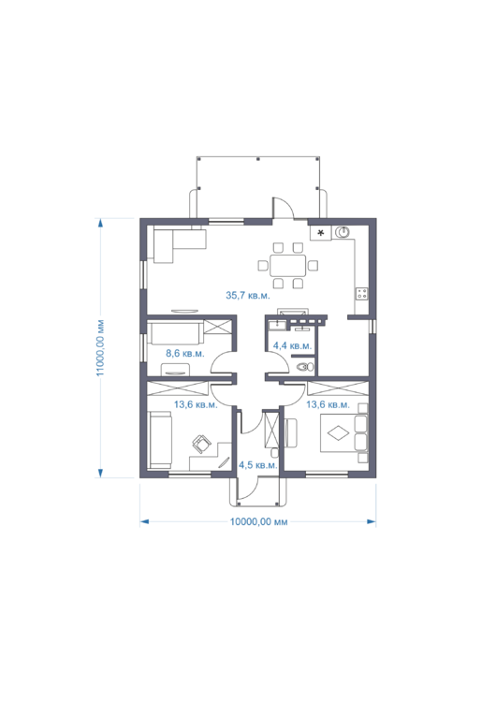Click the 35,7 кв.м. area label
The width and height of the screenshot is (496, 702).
(248, 295)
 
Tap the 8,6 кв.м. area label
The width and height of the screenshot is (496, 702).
(185, 353)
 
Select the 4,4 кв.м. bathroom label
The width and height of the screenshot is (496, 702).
(292, 345)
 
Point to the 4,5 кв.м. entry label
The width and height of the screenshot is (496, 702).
(258, 464)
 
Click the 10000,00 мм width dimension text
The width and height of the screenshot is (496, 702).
(258, 521)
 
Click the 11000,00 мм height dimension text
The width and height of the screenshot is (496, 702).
(100, 348)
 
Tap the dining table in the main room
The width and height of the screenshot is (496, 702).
(288, 266)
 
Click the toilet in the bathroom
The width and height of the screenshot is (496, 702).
(305, 367)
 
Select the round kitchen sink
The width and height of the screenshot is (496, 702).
(343, 232)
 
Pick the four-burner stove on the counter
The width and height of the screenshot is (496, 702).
(361, 294)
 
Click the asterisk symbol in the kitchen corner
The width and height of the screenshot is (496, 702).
(320, 233)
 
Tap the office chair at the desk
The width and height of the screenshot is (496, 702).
(201, 444)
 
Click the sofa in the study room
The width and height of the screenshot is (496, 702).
(160, 441)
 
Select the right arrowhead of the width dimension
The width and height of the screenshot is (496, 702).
(372, 521)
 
